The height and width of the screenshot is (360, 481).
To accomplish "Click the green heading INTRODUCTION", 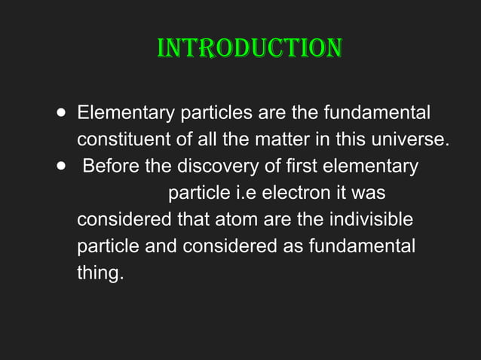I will coord(249,48).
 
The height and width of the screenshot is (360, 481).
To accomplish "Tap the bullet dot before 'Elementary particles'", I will coord(60,114).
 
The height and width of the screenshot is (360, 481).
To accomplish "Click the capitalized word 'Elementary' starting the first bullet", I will coord(125,114).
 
